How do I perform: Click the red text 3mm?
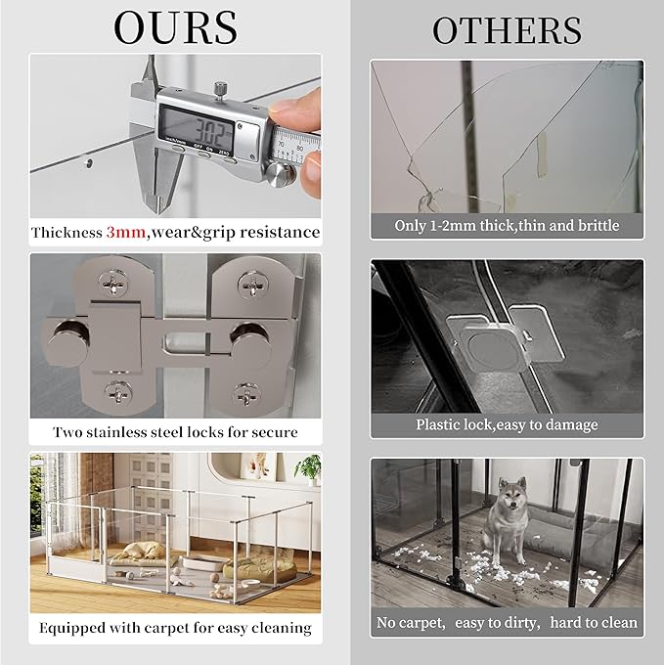point(127,233)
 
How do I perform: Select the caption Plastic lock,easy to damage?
point(507,425)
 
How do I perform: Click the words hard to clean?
point(593,623)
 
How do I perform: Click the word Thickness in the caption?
point(67,233)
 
